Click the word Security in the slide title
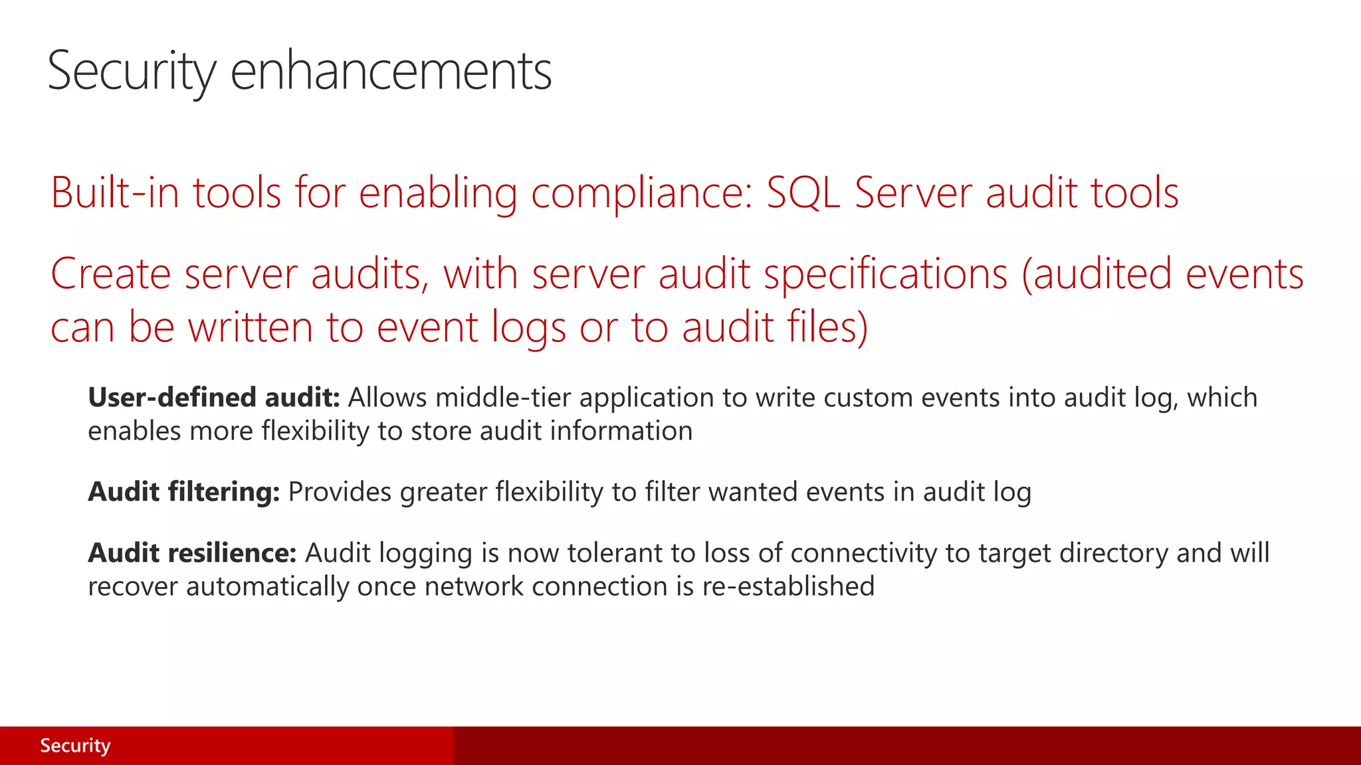click(132, 71)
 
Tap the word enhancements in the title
click(391, 71)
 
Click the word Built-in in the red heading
click(115, 193)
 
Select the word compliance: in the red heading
click(642, 193)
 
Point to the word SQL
click(803, 193)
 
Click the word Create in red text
click(110, 274)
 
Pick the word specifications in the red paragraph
click(886, 274)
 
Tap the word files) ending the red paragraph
click(827, 327)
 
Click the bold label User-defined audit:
click(213, 398)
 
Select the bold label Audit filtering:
click(184, 492)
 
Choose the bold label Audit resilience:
click(192, 553)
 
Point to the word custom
click(867, 398)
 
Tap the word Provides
click(340, 492)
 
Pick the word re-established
click(788, 586)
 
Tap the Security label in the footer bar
click(75, 746)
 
